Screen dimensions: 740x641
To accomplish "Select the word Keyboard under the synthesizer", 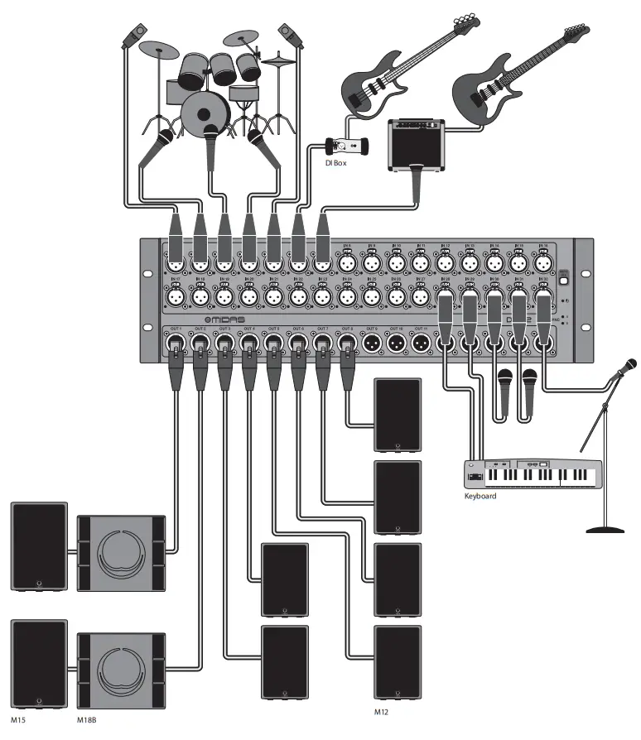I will coord(480,497).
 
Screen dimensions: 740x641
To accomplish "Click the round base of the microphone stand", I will coord(608,527).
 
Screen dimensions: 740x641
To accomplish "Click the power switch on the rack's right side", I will coord(565,280).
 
